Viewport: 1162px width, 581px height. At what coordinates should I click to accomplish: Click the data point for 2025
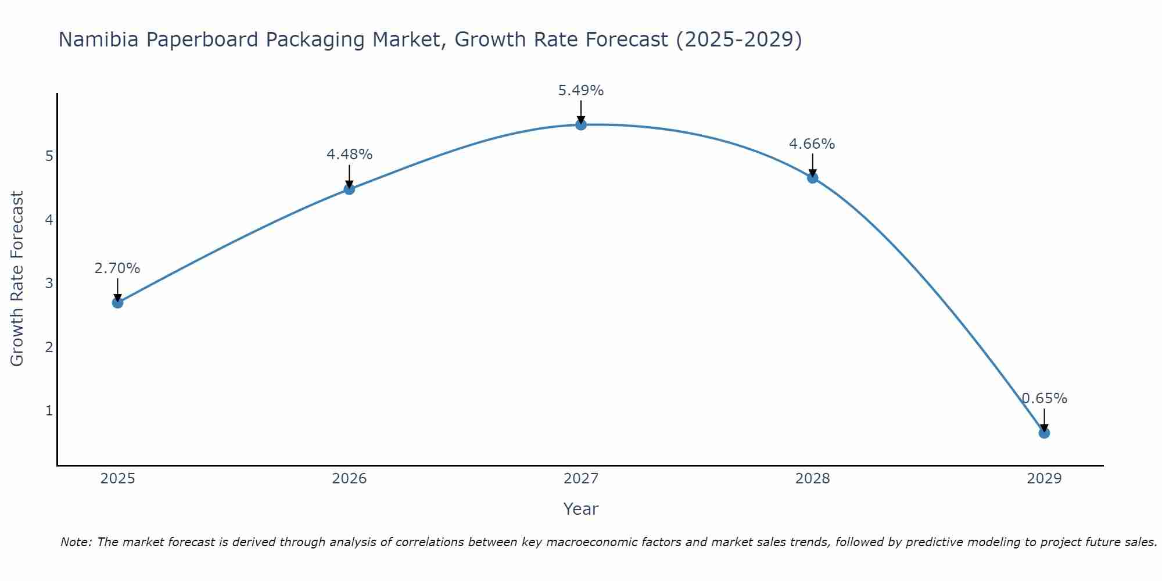click(x=117, y=302)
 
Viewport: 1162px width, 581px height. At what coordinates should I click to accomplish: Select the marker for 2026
click(x=349, y=189)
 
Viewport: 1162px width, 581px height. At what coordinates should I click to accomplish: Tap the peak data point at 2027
click(x=581, y=124)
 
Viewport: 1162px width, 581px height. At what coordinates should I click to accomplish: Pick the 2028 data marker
click(x=812, y=177)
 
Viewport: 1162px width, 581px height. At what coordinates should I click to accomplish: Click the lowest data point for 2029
click(x=1044, y=433)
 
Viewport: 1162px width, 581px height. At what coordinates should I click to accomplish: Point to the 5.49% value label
click(x=581, y=91)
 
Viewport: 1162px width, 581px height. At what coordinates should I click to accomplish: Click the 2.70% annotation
click(x=117, y=268)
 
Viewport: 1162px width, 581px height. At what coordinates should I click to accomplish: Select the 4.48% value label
click(x=349, y=155)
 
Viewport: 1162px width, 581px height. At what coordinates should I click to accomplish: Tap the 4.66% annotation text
click(x=812, y=144)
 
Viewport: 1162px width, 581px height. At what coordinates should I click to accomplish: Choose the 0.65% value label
click(x=1044, y=399)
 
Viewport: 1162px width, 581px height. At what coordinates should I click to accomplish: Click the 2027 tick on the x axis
click(x=581, y=479)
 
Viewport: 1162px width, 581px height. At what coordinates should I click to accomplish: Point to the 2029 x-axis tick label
click(x=1044, y=479)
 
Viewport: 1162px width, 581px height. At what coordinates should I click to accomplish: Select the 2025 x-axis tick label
click(x=117, y=479)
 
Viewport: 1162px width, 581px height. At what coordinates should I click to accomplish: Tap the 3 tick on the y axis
click(x=49, y=284)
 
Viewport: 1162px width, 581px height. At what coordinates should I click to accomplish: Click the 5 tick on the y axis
click(x=49, y=156)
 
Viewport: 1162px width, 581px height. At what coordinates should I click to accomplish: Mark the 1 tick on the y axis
click(x=49, y=411)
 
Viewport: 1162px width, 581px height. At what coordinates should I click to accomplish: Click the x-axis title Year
click(x=581, y=509)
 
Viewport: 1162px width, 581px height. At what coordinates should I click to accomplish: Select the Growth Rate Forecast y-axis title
click(x=17, y=279)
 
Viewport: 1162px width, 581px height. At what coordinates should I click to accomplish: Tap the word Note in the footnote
click(x=76, y=542)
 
